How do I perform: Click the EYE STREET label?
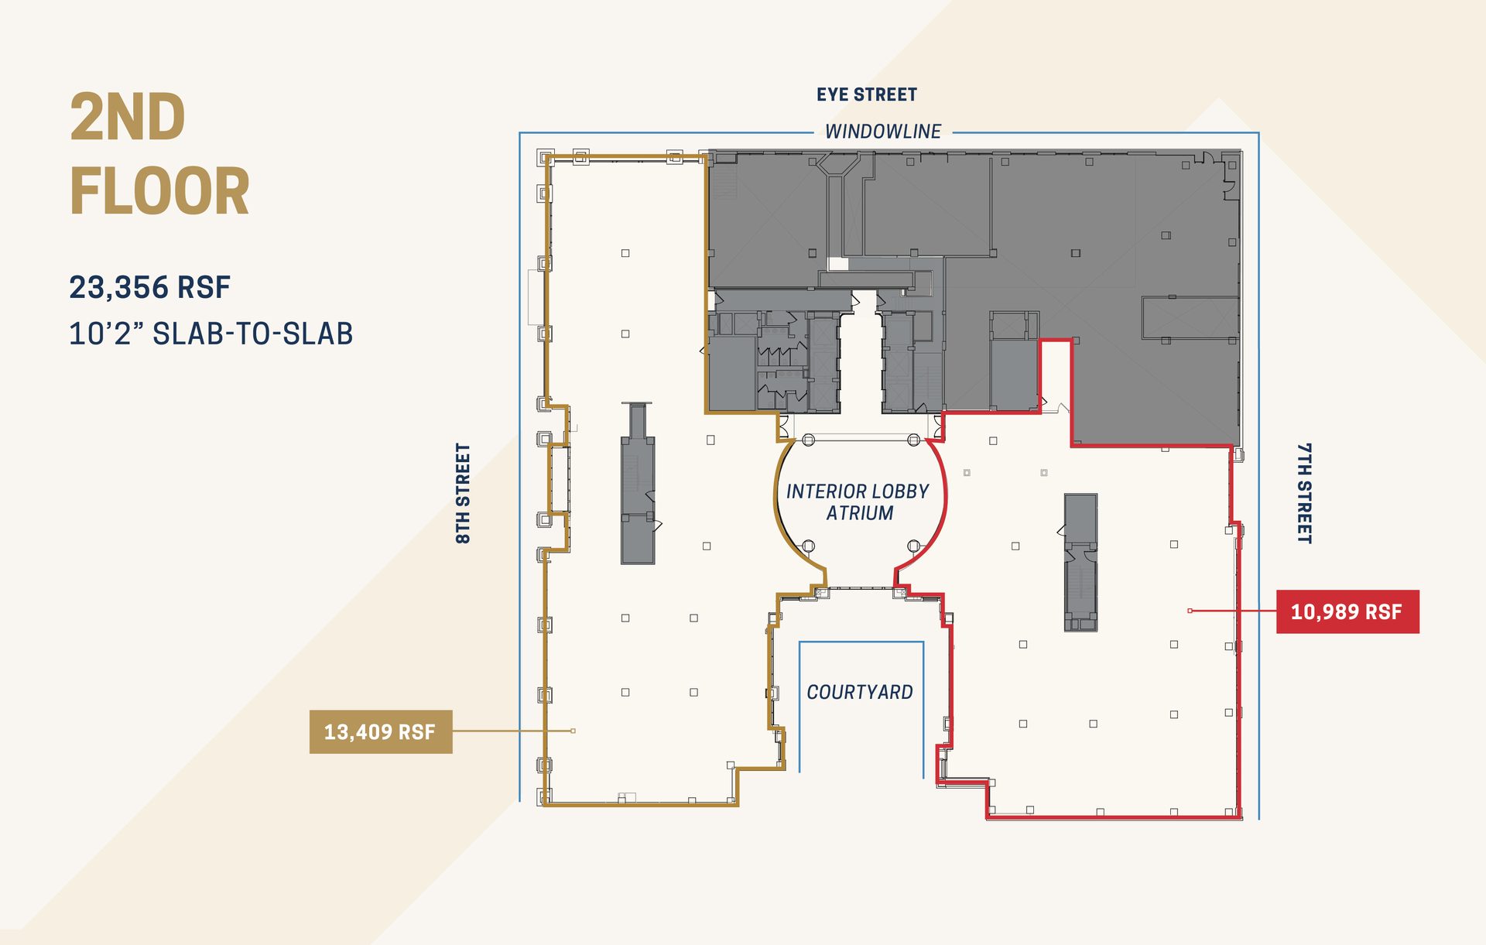[x=866, y=94]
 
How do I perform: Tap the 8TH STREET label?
[x=463, y=493]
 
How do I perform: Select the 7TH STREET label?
[x=1304, y=493]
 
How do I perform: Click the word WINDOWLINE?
[x=882, y=132]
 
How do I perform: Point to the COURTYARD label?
[x=859, y=692]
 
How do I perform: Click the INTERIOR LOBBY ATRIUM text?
[x=858, y=502]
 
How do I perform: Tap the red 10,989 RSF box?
[x=1347, y=611]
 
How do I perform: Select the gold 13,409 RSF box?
[x=380, y=731]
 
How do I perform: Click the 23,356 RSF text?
[x=149, y=287]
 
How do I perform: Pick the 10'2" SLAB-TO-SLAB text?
[x=211, y=334]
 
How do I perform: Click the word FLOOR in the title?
[x=159, y=191]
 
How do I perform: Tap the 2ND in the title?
[x=128, y=117]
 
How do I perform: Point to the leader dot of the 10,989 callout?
[x=1190, y=611]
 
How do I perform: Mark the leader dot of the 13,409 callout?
[x=573, y=731]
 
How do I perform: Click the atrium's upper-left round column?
[x=808, y=440]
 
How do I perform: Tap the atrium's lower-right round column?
[x=913, y=546]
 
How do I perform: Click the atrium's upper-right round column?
[x=913, y=440]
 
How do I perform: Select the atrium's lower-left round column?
[x=808, y=546]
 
